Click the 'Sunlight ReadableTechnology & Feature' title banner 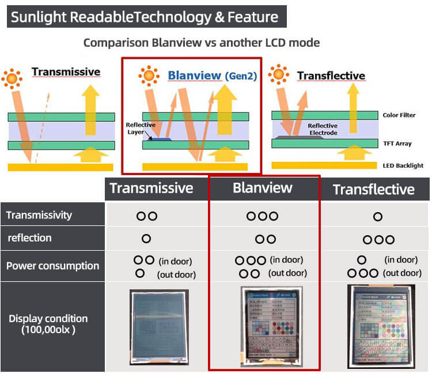(x=147, y=17)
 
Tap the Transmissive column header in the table (x=151, y=188)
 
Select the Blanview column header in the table (x=262, y=188)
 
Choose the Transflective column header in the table (x=373, y=189)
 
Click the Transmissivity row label (x=39, y=215)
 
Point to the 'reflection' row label (x=29, y=238)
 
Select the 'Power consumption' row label (x=53, y=266)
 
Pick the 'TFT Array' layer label (x=397, y=144)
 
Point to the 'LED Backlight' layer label (x=403, y=165)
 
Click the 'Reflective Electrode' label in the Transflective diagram (x=322, y=129)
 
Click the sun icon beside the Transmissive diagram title (x=12, y=77)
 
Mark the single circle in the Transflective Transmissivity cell (x=378, y=217)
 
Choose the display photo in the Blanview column (x=270, y=327)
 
